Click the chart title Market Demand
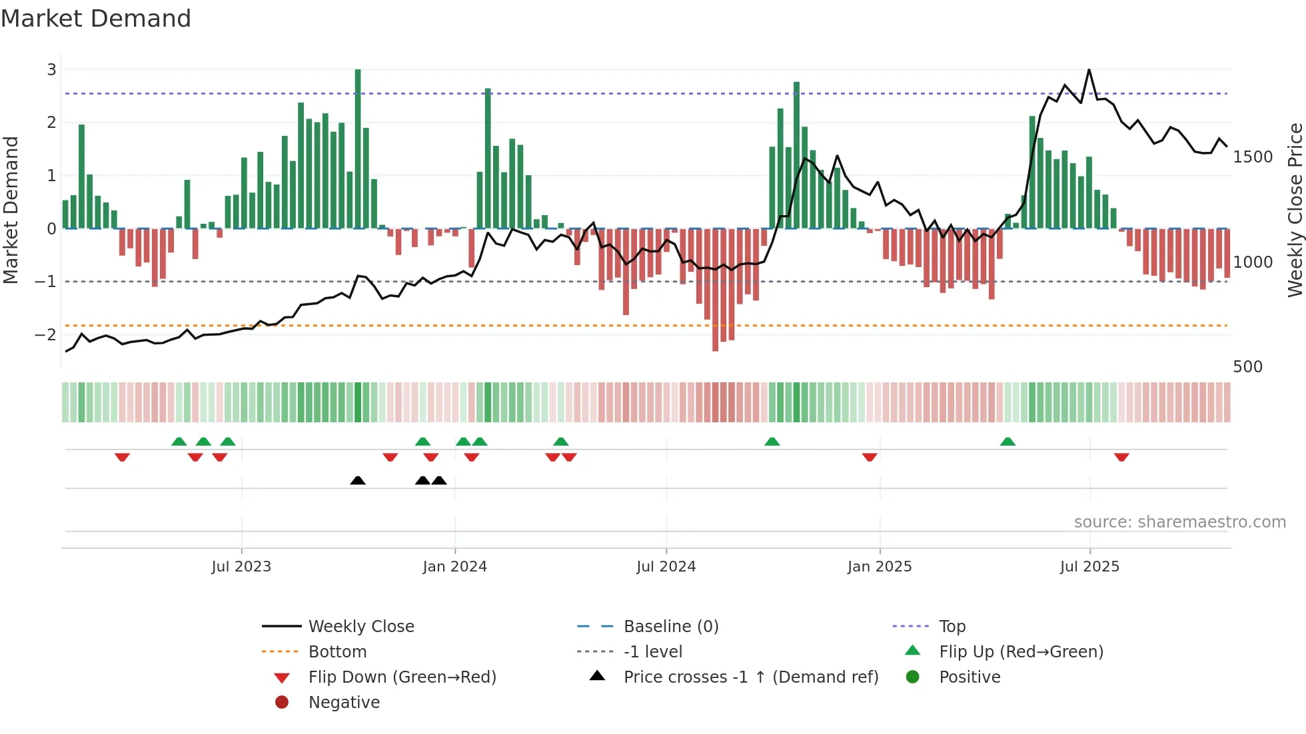pos(96,18)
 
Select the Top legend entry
pos(952,626)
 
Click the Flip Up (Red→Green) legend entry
pos(1021,651)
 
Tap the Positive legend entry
pos(969,677)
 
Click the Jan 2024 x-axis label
pos(454,566)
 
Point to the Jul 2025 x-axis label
pos(1089,566)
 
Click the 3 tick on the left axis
pos(51,69)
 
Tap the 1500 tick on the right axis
pos(1253,157)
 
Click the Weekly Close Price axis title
pos(1295,210)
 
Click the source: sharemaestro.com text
pos(1179,522)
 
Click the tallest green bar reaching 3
pos(358,147)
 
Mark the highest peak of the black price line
pos(1089,70)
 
